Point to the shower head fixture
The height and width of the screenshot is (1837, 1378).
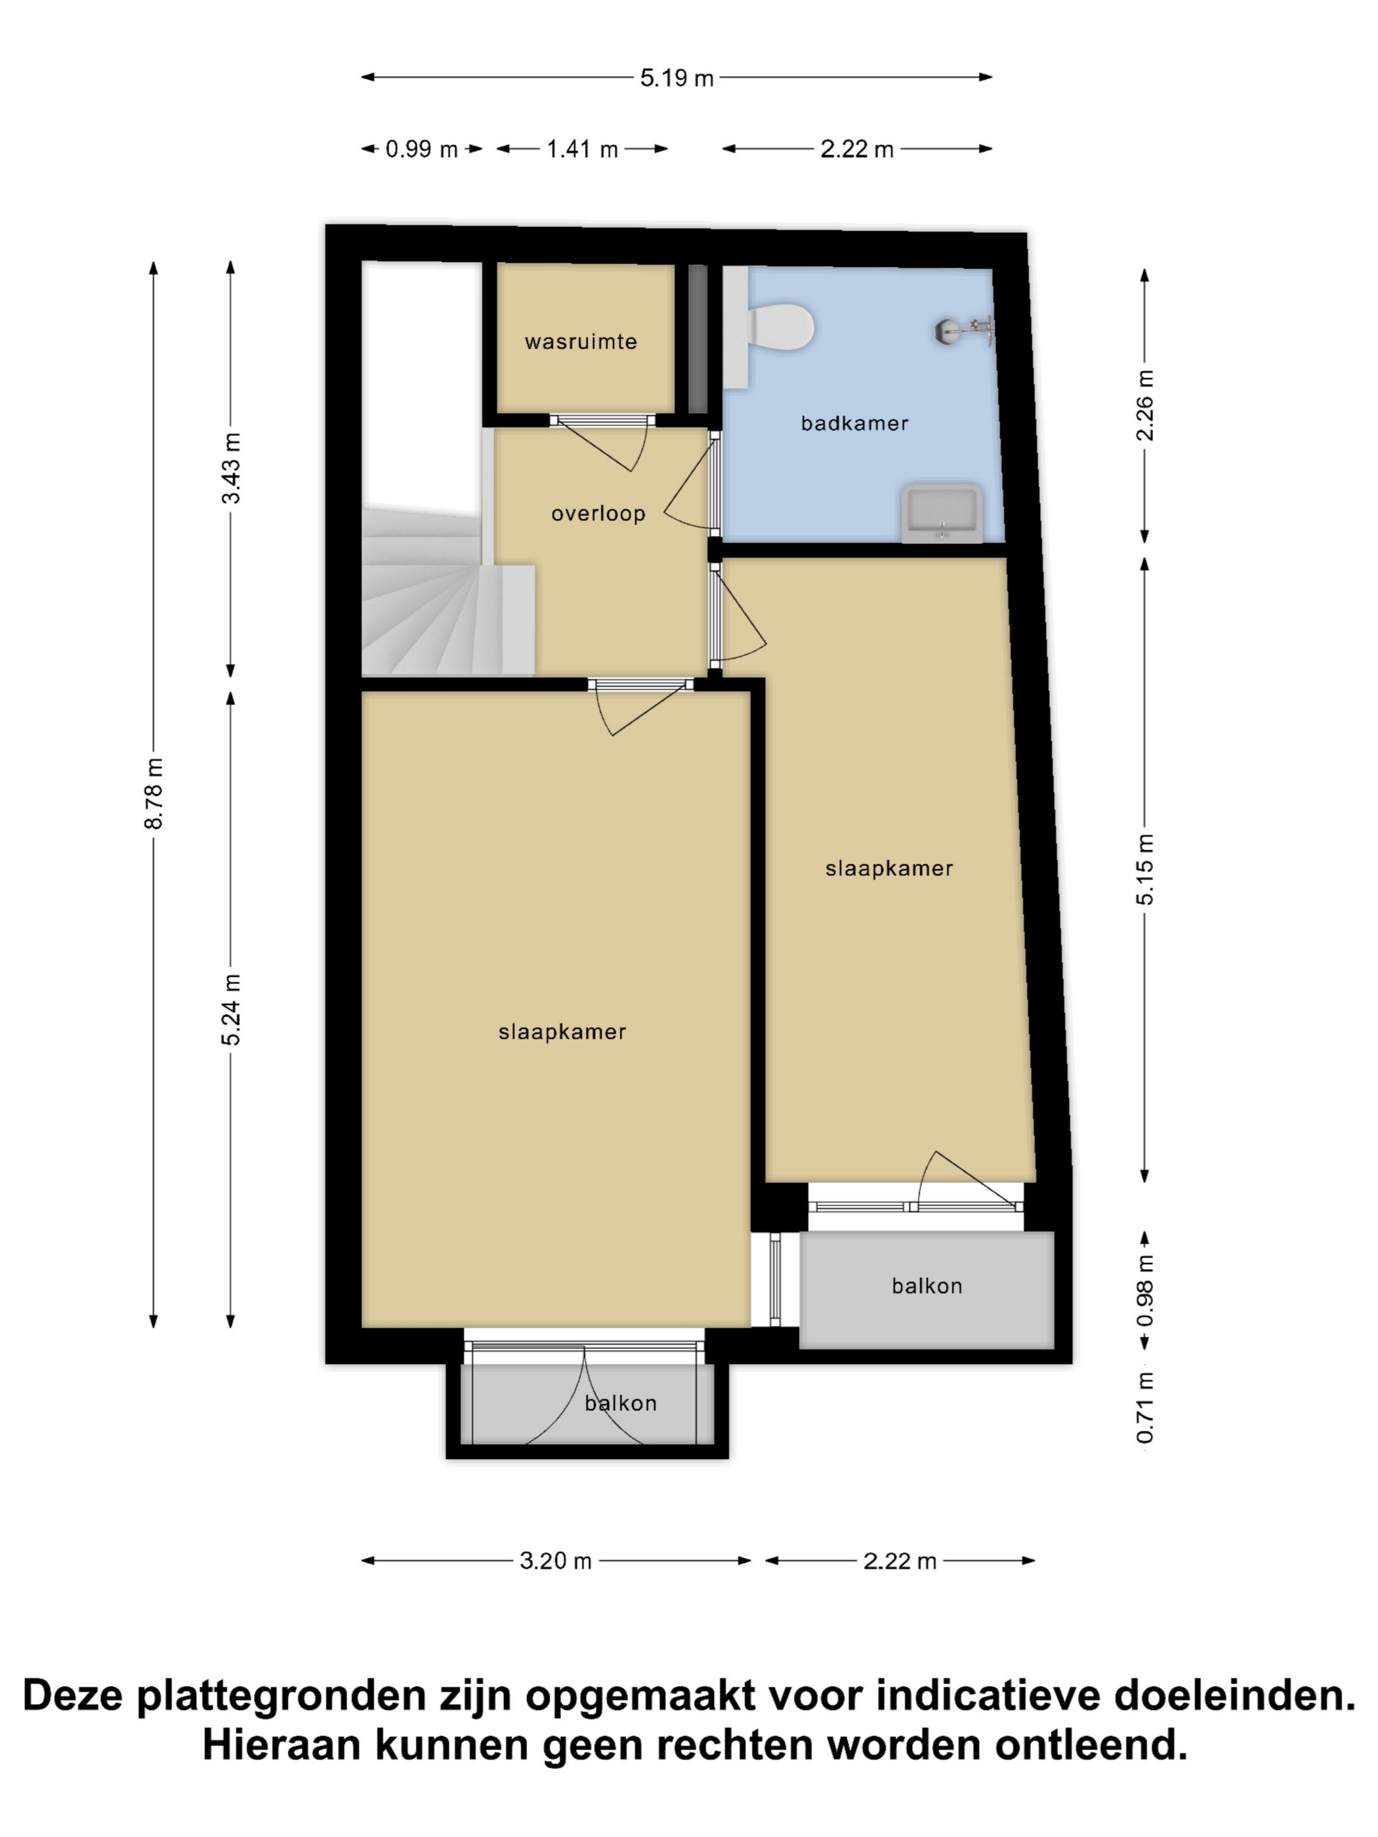click(963, 330)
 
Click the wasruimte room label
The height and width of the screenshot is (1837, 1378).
click(581, 341)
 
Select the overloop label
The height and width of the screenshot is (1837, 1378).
click(598, 513)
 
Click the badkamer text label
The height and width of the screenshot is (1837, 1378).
click(854, 424)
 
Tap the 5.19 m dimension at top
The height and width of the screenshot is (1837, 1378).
click(676, 78)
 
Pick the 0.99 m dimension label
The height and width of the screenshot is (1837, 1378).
click(421, 150)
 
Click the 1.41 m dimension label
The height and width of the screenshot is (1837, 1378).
click(581, 150)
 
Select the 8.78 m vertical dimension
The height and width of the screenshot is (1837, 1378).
click(154, 793)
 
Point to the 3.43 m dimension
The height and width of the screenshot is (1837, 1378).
click(231, 468)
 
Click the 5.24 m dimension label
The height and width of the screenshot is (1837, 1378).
click(231, 1009)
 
